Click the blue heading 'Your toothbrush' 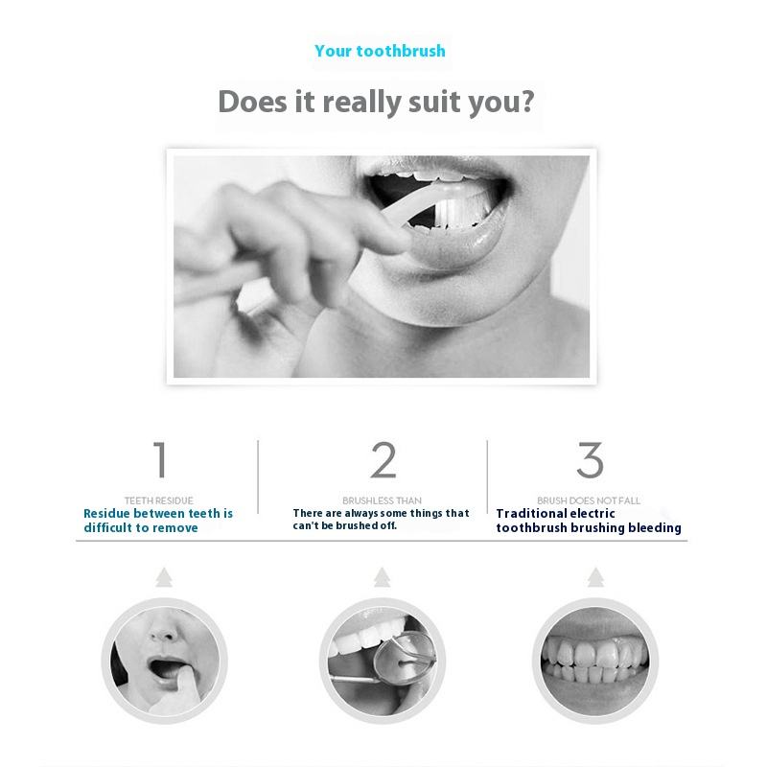click(380, 51)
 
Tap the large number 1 click(160, 459)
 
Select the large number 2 click(383, 459)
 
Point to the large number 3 click(590, 459)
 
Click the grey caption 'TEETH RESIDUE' click(159, 500)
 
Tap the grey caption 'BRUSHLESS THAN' click(382, 500)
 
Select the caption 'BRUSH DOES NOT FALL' click(589, 500)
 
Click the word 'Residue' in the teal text click(106, 514)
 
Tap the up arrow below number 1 click(164, 577)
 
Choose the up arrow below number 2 click(382, 577)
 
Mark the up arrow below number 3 click(595, 577)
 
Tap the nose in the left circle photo click(163, 630)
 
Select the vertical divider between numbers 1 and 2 click(258, 476)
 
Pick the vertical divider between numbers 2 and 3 click(487, 476)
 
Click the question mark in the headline click(525, 101)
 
